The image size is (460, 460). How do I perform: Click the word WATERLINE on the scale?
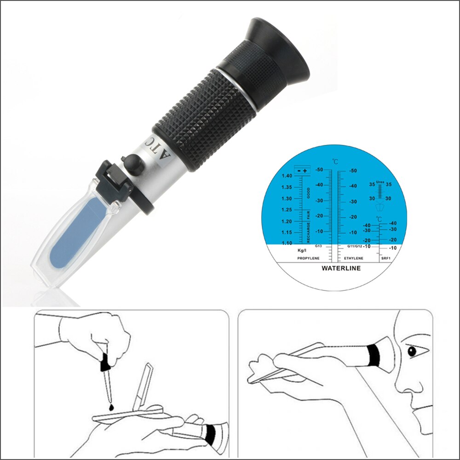pos(341,268)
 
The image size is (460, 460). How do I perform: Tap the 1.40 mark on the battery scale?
pos(287,176)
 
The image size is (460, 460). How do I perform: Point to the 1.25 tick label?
pos(287,210)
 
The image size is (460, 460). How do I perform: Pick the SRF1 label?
pos(385,259)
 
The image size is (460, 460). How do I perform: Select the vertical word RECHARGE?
pos(309,232)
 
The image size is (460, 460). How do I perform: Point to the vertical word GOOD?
pos(309,193)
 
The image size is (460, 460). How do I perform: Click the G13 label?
pos(318,247)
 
